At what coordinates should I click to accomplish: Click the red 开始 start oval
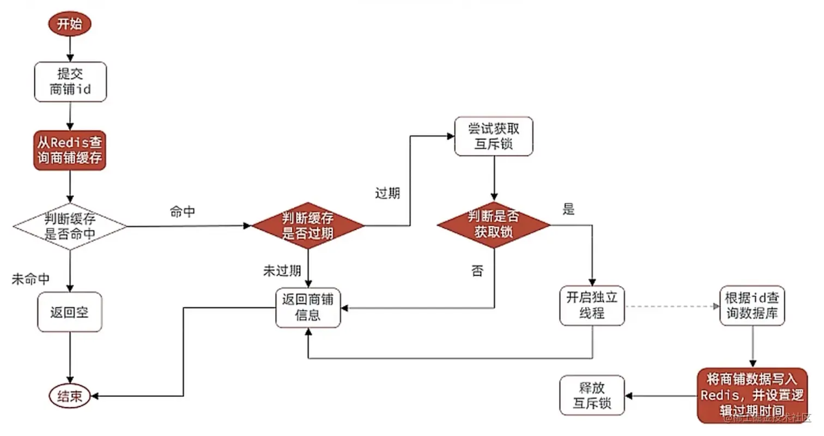tap(70, 25)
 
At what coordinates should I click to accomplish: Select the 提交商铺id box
tap(70, 82)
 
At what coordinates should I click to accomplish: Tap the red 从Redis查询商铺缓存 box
tap(70, 150)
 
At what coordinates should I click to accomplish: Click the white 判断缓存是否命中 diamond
tap(70, 227)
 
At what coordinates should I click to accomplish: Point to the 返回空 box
tap(70, 312)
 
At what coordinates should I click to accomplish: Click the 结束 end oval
tap(70, 396)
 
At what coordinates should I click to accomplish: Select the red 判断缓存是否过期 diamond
tap(308, 226)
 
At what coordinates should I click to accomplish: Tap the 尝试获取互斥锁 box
tap(494, 136)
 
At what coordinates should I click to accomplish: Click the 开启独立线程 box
tap(592, 306)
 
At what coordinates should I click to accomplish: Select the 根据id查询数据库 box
tap(753, 306)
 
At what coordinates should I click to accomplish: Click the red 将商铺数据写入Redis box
tap(752, 394)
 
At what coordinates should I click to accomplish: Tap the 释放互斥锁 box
tap(592, 396)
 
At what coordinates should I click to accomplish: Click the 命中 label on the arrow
tap(183, 213)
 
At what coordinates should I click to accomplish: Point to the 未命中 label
tap(31, 279)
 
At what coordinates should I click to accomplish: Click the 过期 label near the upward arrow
tap(387, 193)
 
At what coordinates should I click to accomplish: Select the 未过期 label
tap(282, 271)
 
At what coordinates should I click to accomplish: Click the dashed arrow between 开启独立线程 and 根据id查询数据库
tap(672, 306)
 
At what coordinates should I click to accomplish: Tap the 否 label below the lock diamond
tap(477, 271)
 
